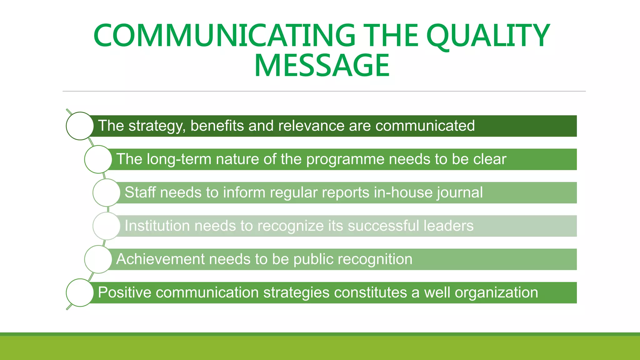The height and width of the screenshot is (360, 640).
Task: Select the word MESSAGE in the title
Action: [x=322, y=66]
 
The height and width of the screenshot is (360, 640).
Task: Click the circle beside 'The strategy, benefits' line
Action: [x=80, y=126]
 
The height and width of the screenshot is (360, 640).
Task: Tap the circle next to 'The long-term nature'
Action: [x=98, y=159]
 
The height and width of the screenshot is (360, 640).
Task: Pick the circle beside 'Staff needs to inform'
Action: [x=107, y=192]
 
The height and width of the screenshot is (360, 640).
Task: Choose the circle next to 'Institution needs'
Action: [x=107, y=226]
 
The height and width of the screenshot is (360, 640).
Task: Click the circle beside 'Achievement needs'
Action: [x=98, y=259]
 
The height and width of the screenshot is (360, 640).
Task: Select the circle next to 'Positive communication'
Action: [x=80, y=293]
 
